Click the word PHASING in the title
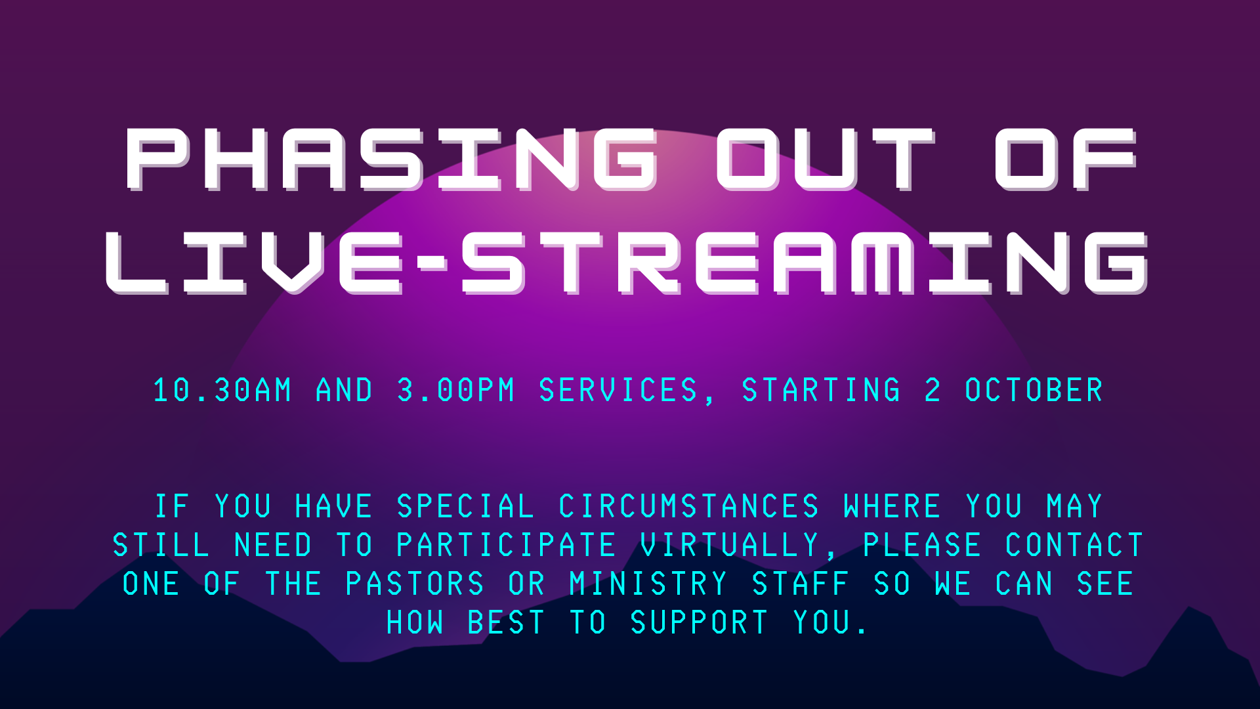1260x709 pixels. [x=392, y=159]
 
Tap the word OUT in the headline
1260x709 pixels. [x=825, y=159]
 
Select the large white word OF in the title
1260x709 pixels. [x=1066, y=159]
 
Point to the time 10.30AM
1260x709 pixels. [x=222, y=390]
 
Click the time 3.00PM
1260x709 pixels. [x=456, y=390]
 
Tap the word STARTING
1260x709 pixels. [x=821, y=390]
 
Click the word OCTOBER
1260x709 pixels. [x=1034, y=390]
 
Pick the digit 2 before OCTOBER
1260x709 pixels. [x=933, y=390]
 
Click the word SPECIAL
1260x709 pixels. [x=465, y=506]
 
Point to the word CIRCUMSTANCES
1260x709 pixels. [x=689, y=506]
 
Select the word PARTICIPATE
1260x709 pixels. [x=506, y=545]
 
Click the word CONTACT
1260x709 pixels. [x=1074, y=545]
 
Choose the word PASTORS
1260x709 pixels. [x=415, y=584]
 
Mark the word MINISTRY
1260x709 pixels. [x=648, y=584]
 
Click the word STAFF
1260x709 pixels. [x=801, y=584]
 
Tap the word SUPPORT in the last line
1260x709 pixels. [x=699, y=622]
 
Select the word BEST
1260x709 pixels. [x=506, y=622]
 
